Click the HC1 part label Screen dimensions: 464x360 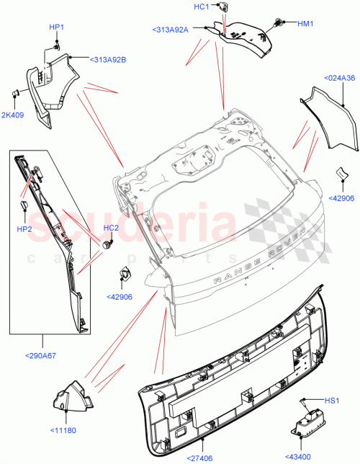pyautogui.click(x=201, y=6)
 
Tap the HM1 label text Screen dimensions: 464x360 pyautogui.click(x=305, y=23)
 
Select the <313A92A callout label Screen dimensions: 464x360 pyautogui.click(x=170, y=30)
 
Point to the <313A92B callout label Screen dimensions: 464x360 pyautogui.click(x=108, y=59)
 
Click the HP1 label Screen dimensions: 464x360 pyautogui.click(x=56, y=27)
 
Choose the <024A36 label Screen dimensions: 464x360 pyautogui.click(x=339, y=78)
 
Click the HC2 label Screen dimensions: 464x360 pyautogui.click(x=111, y=228)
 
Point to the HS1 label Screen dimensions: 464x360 pyautogui.click(x=330, y=400)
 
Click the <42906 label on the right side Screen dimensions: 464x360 pyautogui.click(x=343, y=198)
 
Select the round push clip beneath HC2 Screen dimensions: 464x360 pyautogui.click(x=109, y=244)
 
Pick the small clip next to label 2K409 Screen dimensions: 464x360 pyautogui.click(x=14, y=93)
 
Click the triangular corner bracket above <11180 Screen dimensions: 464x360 pyautogui.click(x=70, y=398)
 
